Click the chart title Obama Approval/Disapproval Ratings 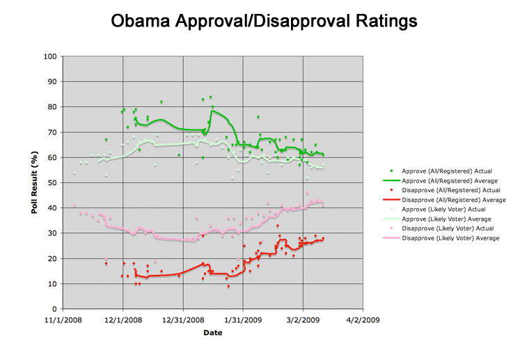coord(264,22)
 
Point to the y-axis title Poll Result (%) coord(35,182)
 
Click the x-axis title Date coord(212,333)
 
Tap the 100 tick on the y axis coord(50,56)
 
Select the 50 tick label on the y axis coord(52,182)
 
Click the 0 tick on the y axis coord(54,309)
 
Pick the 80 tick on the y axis coord(52,107)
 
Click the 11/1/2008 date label coord(63,321)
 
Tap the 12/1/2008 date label coord(123,321)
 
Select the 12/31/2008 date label coord(183,321)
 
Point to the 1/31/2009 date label coord(243,321)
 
